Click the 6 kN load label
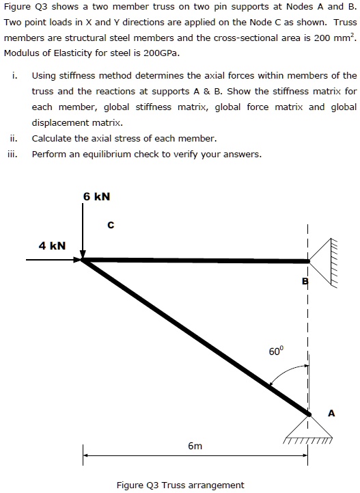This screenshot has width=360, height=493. [x=96, y=196]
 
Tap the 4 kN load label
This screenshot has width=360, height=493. [x=52, y=245]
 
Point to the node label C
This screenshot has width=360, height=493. [x=111, y=224]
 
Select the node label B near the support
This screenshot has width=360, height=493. [x=305, y=282]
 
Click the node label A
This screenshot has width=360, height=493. [x=331, y=412]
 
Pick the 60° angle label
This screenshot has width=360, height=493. [x=275, y=351]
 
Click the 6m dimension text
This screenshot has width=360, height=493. [x=195, y=446]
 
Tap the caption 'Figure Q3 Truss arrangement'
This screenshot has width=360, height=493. [x=180, y=485]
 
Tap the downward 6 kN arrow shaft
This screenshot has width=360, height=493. [x=83, y=229]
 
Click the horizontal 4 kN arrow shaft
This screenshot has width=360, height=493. [x=51, y=260]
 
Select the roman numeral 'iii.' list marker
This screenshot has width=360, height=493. [x=14, y=154]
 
